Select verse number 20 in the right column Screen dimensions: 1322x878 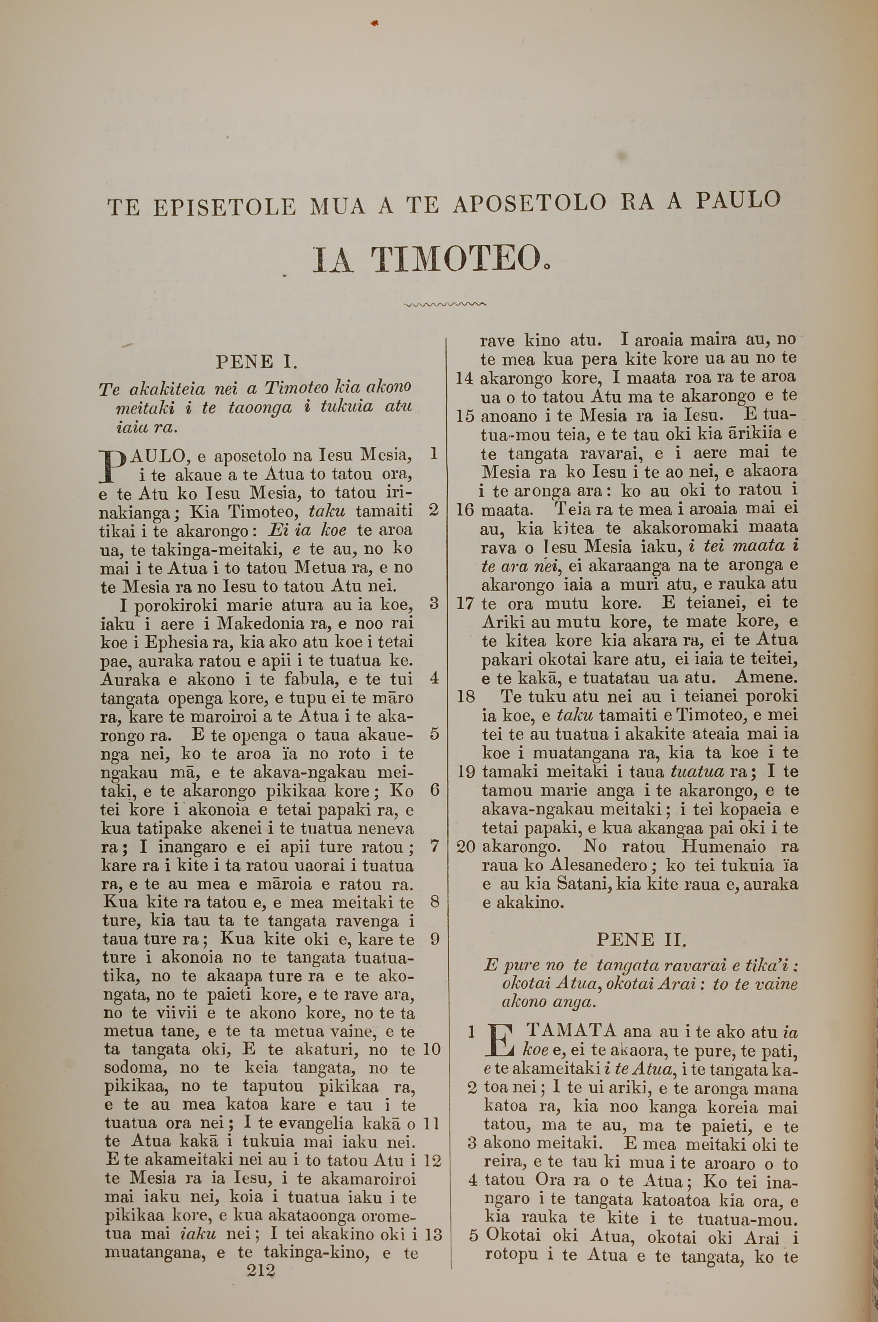(x=466, y=847)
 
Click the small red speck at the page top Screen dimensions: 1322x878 (x=374, y=23)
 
